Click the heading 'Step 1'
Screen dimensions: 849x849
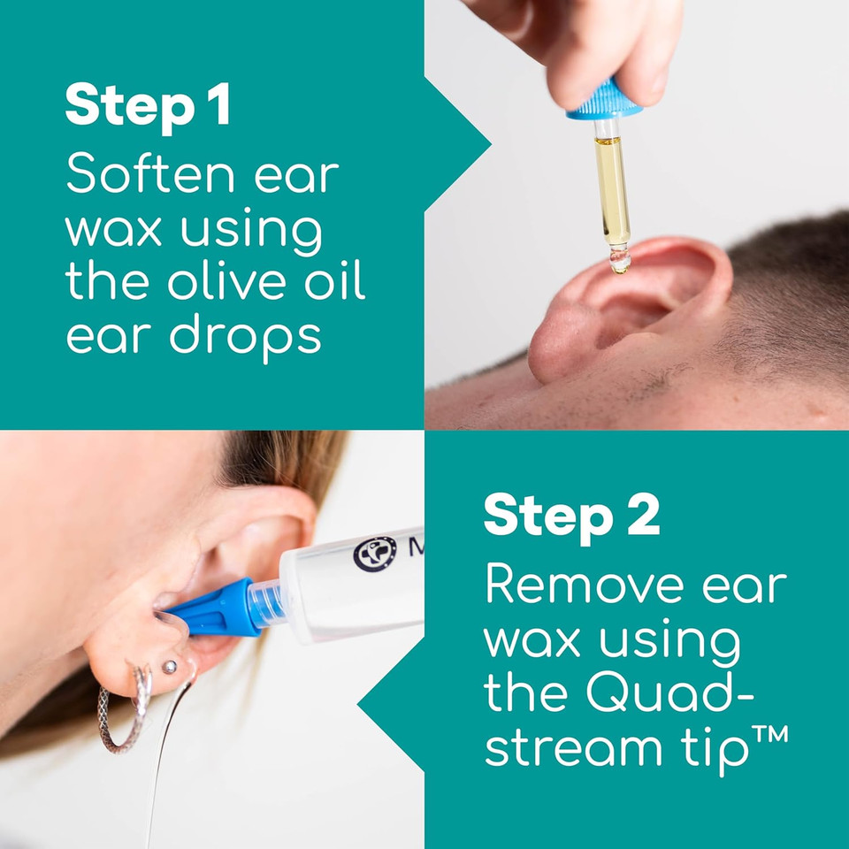tap(148, 106)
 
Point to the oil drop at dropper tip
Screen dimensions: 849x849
tap(620, 261)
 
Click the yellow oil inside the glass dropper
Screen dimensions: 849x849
tap(611, 186)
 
